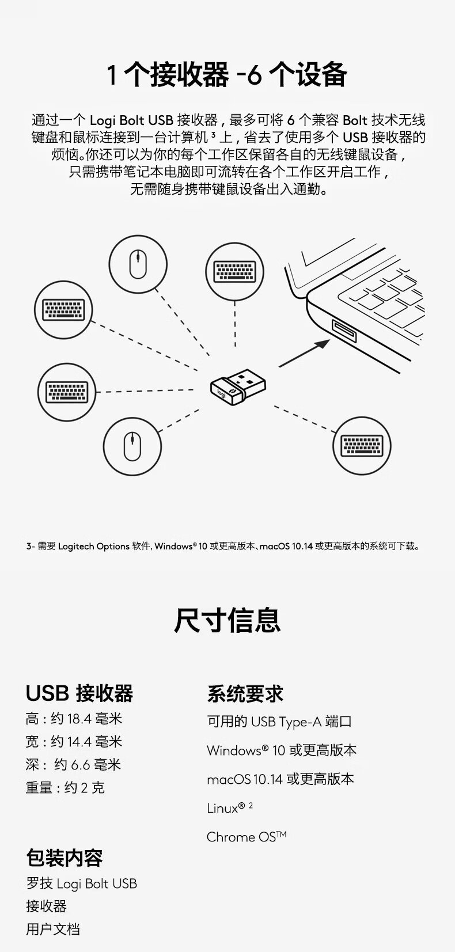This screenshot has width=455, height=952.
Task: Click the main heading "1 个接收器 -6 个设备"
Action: pyautogui.click(x=227, y=74)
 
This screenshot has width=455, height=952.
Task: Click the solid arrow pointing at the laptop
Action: pyautogui.click(x=304, y=353)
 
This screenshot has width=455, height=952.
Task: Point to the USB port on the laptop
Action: pyautogui.click(x=344, y=331)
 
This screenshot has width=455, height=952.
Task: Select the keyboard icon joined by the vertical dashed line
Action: pyautogui.click(x=234, y=272)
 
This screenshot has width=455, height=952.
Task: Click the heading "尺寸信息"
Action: pyautogui.click(x=227, y=620)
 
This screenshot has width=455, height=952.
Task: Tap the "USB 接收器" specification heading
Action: pyautogui.click(x=79, y=693)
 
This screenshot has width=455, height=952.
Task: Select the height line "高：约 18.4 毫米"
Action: pyautogui.click(x=74, y=719)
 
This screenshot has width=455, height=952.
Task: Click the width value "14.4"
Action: pyautogui.click(x=79, y=742)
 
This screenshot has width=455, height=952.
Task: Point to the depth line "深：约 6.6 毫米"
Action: pyautogui.click(x=74, y=765)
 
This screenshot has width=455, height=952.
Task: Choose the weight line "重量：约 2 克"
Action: pyautogui.click(x=65, y=787)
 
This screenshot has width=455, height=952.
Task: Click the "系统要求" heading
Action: pyautogui.click(x=245, y=694)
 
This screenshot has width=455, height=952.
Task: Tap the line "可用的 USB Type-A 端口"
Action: pyautogui.click(x=279, y=721)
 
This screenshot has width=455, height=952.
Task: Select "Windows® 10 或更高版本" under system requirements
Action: pyautogui.click(x=282, y=750)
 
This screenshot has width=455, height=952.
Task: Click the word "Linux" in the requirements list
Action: pyautogui.click(x=222, y=808)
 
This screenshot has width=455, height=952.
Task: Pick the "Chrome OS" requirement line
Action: pyautogui.click(x=247, y=837)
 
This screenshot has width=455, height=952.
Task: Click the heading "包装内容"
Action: pyautogui.click(x=64, y=858)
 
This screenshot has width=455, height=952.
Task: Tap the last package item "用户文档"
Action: pyautogui.click(x=52, y=929)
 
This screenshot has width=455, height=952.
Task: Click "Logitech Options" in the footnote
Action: pyautogui.click(x=93, y=546)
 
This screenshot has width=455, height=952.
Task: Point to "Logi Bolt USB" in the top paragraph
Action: pyautogui.click(x=131, y=120)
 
